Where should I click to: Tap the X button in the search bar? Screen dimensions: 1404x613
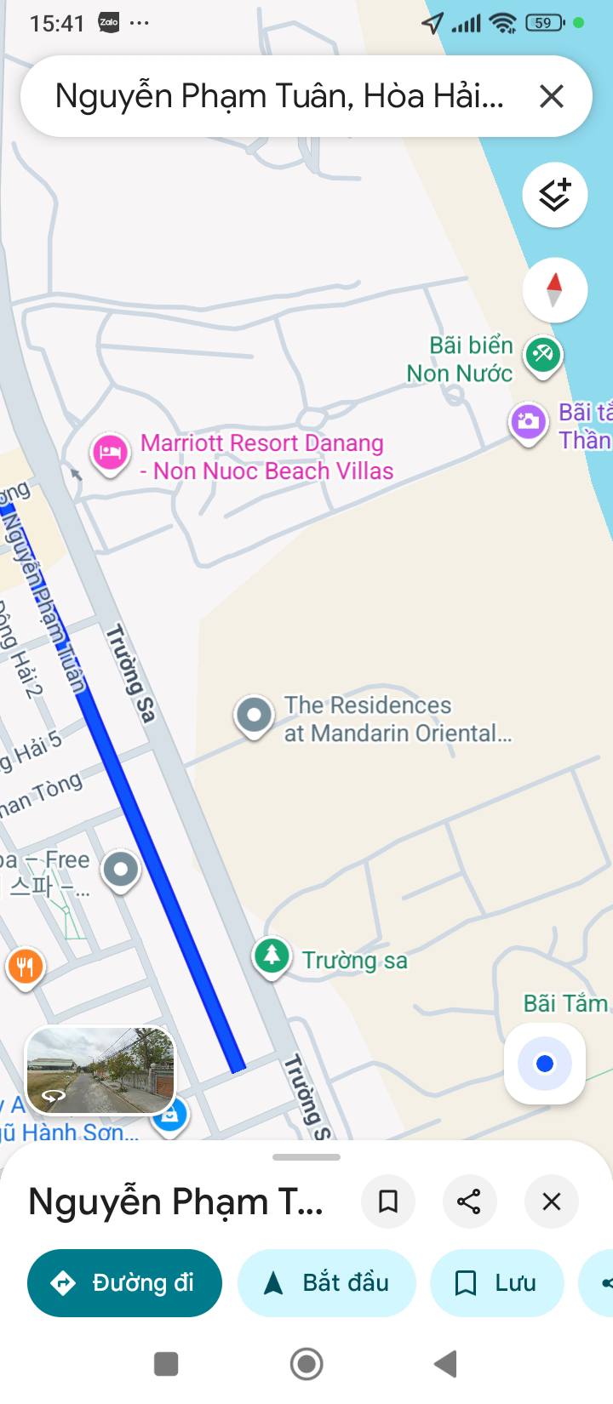tap(552, 96)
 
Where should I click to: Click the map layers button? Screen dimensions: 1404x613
tap(554, 195)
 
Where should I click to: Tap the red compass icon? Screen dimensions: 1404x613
tap(554, 290)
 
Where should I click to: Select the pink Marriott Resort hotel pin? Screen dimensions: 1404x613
tap(110, 452)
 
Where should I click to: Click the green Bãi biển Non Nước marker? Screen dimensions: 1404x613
tap(542, 353)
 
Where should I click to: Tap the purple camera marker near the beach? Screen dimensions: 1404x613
tap(528, 422)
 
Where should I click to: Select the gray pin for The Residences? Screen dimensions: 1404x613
tap(254, 716)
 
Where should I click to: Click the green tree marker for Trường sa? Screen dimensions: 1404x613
tap(272, 956)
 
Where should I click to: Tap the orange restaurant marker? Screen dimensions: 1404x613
tap(26, 967)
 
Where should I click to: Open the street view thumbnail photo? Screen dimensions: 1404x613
tap(100, 1070)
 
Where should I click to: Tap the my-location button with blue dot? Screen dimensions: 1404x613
tap(545, 1064)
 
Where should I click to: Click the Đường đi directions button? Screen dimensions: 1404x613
tap(125, 1282)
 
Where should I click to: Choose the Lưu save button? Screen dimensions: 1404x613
tap(496, 1282)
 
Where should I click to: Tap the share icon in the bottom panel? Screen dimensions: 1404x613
tap(469, 1201)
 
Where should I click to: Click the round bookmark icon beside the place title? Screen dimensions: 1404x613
tap(388, 1201)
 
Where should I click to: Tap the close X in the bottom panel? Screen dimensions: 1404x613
tap(552, 1201)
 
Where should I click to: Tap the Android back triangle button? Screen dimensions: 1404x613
tap(446, 1364)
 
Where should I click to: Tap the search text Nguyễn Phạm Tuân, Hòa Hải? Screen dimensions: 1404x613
tap(279, 96)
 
